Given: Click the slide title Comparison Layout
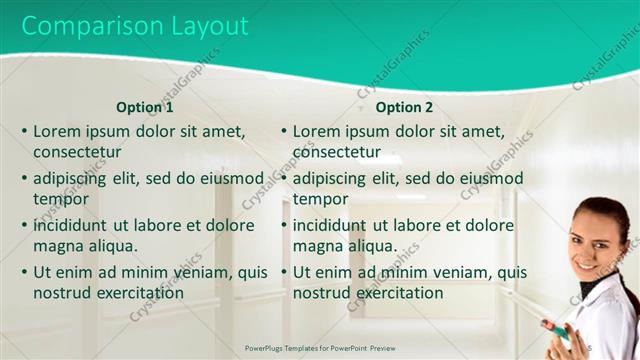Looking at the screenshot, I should coord(136,26).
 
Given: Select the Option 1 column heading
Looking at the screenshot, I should coord(145,107).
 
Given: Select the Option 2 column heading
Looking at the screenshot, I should coord(405,107).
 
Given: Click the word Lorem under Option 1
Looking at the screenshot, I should coord(56,131).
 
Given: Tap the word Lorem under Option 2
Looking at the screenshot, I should coord(316,131).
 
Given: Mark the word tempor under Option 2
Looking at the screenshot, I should coord(320,199).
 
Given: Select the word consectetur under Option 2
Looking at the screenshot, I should coord(336,152).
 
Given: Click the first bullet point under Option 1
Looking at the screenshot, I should coord(24,131).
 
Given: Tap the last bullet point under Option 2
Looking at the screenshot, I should coord(284,272).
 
